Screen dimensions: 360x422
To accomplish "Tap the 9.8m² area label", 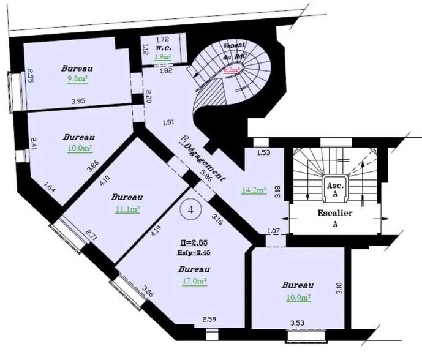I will click(x=77, y=78).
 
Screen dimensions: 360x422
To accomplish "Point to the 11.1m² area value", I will click(x=127, y=209).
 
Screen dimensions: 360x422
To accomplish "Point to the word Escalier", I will click(x=333, y=214).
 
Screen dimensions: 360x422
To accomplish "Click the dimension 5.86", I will click(x=205, y=179).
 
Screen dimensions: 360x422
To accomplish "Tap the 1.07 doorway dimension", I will click(x=273, y=231).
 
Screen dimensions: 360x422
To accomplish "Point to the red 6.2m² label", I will click(x=231, y=71).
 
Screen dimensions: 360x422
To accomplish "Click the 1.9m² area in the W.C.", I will click(x=162, y=57).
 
